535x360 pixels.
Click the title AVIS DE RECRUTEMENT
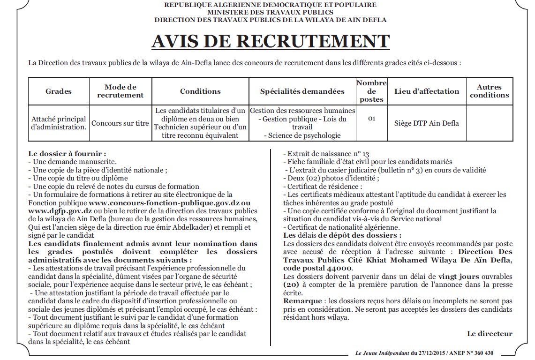(x=270, y=41)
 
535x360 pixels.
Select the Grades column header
(x=59, y=91)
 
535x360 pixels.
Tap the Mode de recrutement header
(x=121, y=91)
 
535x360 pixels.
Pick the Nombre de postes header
(x=371, y=91)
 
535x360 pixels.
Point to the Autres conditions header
(x=489, y=91)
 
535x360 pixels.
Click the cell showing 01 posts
(x=371, y=119)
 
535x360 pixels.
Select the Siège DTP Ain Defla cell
(x=427, y=123)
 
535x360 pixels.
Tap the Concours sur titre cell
(x=120, y=123)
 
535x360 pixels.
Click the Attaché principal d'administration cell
(x=59, y=123)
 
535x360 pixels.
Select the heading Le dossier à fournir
(x=67, y=154)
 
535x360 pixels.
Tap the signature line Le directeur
(x=490, y=333)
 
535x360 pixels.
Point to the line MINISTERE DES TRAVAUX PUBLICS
(x=270, y=12)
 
